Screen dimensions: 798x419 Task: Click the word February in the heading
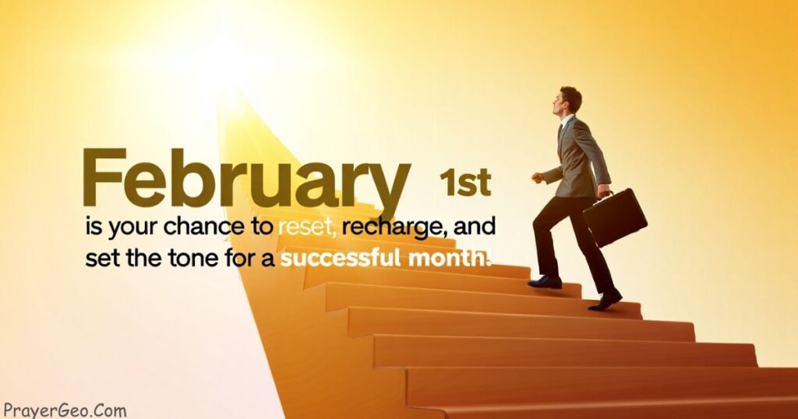click(x=246, y=181)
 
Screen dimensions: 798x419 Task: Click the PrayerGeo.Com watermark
click(x=65, y=410)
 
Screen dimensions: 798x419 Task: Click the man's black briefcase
click(x=615, y=217)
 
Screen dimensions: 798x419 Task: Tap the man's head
click(x=568, y=100)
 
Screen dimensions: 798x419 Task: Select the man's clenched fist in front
click(x=538, y=178)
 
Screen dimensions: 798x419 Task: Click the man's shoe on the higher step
click(x=545, y=282)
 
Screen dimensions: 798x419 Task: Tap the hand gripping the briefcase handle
click(x=604, y=191)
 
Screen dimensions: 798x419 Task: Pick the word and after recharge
click(x=475, y=227)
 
